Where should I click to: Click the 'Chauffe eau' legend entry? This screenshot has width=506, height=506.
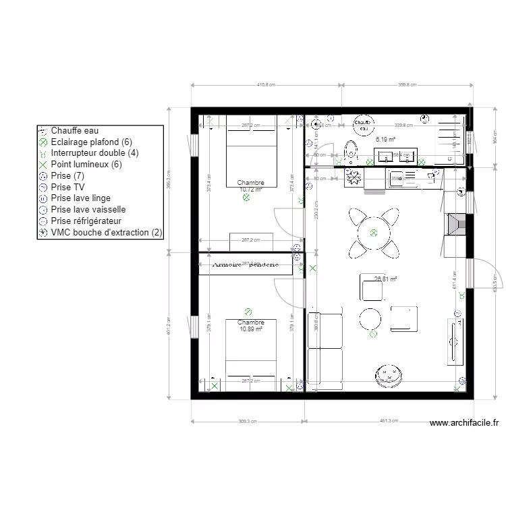tap(74, 131)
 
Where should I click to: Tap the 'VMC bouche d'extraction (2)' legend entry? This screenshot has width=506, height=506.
tap(106, 232)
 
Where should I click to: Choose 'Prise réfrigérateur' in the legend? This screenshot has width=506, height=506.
tap(86, 221)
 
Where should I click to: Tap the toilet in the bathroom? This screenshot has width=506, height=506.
tap(350, 150)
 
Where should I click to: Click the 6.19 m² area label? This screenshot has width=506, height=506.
tap(385, 140)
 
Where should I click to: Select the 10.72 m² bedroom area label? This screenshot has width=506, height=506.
tap(250, 190)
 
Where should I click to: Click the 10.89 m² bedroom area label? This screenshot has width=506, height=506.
tap(250, 329)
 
